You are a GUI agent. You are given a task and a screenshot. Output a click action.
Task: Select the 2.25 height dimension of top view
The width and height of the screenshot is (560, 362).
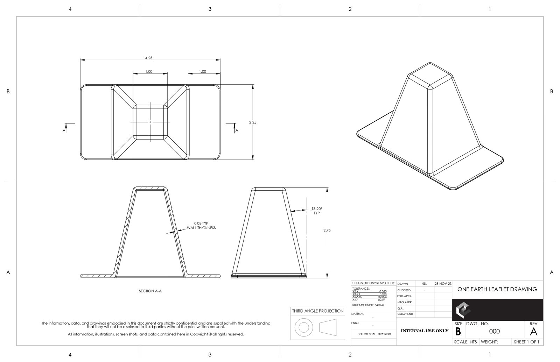pos(253,122)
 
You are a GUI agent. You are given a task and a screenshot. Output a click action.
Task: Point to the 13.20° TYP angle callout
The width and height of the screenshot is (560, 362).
pos(316,211)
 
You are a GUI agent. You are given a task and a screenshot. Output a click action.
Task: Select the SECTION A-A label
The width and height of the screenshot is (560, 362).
pos(150,291)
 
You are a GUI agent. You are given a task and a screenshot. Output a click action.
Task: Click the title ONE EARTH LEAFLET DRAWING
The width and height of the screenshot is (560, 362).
pos(497,289)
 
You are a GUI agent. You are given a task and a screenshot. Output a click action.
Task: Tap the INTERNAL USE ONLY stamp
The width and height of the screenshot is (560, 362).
pos(424,331)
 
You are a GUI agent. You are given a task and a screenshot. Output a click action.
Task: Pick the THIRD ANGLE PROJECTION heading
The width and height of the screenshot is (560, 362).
pos(318,311)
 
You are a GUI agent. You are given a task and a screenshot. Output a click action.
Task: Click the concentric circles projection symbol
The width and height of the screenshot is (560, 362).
pos(303,327)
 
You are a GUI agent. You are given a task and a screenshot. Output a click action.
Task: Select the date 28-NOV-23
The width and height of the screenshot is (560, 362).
pos(443,284)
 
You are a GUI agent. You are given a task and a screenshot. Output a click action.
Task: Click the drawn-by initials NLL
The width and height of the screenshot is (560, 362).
pos(424,284)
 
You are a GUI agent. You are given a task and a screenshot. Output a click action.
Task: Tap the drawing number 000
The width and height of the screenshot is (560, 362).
pos(494,331)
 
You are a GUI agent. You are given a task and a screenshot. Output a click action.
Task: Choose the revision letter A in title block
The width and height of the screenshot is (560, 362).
pos(533,331)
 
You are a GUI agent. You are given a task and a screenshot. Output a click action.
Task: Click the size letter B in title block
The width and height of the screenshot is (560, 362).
pos(458,331)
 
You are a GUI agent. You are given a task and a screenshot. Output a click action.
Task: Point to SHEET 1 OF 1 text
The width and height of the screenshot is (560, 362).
pos(526,342)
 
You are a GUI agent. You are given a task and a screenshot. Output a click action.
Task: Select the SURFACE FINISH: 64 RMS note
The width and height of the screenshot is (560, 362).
pos(368,305)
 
